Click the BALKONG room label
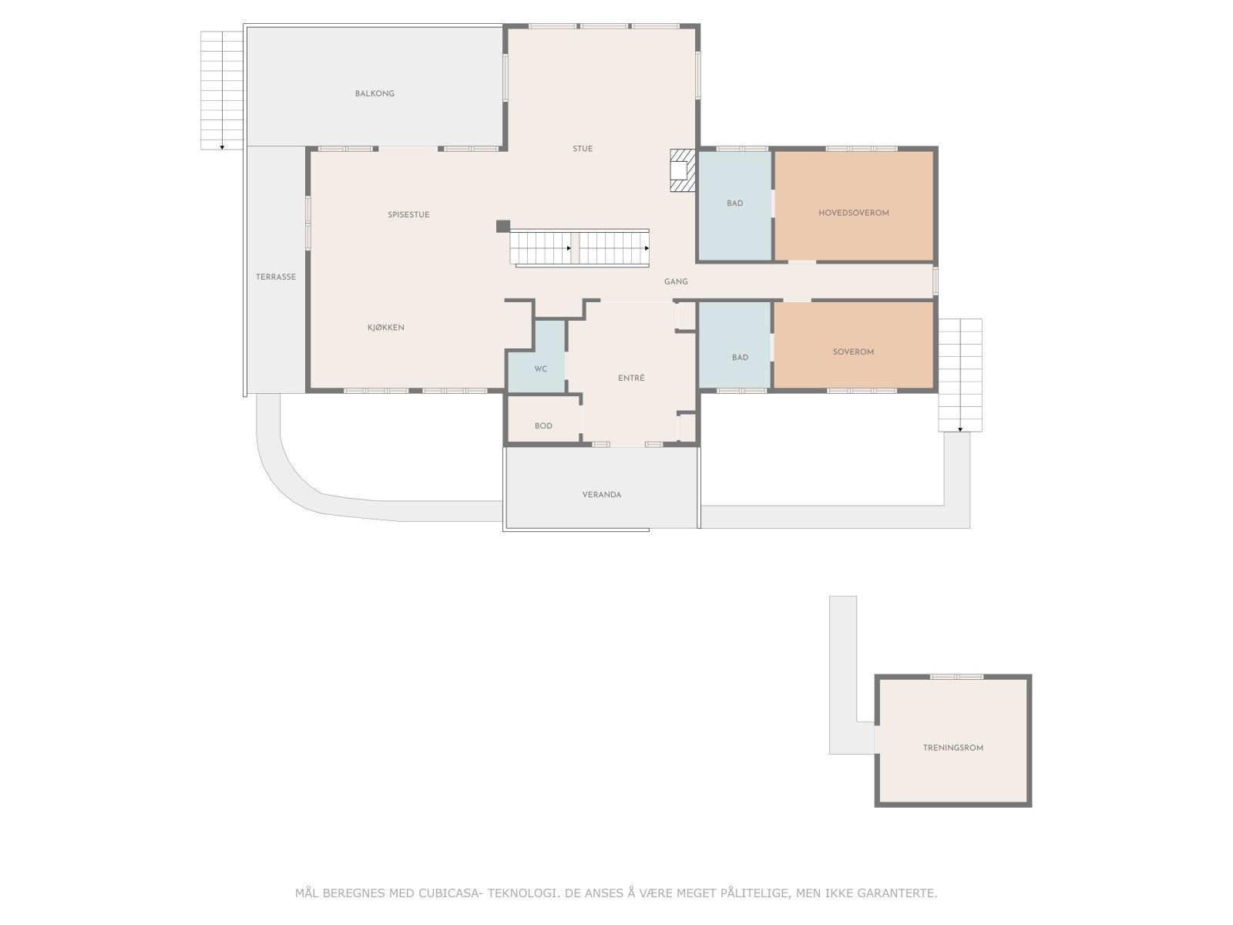point(375,93)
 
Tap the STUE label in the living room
point(583,149)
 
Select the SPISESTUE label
point(408,215)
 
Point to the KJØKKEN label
point(385,328)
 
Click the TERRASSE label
point(276,277)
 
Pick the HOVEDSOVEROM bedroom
point(854,213)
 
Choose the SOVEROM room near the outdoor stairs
point(853,352)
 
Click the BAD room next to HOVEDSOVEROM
point(734,203)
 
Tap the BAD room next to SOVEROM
point(740,358)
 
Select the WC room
point(540,369)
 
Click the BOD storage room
point(543,426)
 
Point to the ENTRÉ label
point(631,378)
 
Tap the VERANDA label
point(602,495)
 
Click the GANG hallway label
point(676,282)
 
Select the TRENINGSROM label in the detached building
point(953,748)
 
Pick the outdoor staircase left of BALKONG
point(222,90)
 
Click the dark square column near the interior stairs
point(502,226)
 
